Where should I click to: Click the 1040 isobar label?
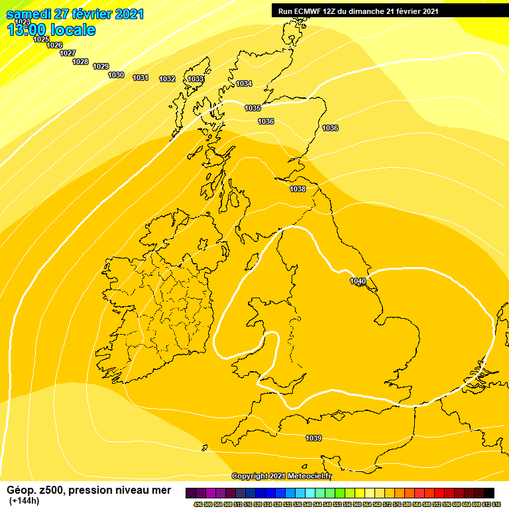(358, 282)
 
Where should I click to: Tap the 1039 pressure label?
(313, 438)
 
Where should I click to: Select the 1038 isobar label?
(298, 190)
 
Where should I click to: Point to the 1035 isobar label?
(253, 108)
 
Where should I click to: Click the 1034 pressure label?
(244, 84)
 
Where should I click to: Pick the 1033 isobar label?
(196, 79)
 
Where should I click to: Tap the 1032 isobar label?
(167, 80)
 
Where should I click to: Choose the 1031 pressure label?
(140, 78)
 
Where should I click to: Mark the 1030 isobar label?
(116, 76)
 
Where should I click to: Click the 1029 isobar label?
(101, 66)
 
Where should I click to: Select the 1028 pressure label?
(80, 62)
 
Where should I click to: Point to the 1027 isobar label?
(68, 53)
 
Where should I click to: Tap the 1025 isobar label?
(41, 39)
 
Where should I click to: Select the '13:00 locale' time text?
(51, 30)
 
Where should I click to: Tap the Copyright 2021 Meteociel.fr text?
(282, 476)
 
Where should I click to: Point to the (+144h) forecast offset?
(24, 500)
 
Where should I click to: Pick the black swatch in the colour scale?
(488, 493)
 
